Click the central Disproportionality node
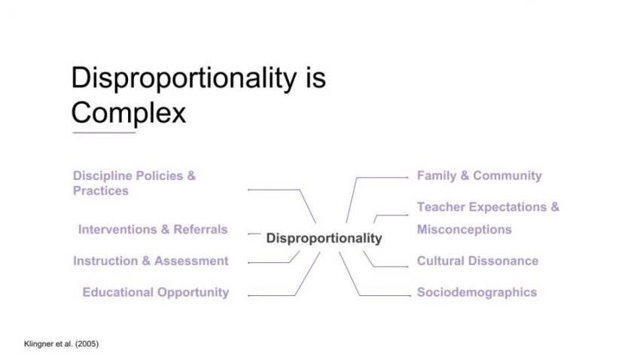324,238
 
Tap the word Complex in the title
128,113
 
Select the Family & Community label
479,175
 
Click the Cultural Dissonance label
477,261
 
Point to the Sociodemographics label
477,292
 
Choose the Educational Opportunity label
155,292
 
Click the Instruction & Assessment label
151,261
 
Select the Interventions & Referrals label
152,229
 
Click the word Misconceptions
464,229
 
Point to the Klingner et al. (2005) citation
50,344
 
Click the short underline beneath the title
103,133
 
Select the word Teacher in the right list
441,206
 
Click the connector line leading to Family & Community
380,178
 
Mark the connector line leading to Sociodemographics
384,295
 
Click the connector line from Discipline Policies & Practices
275,190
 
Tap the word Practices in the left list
100,191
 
